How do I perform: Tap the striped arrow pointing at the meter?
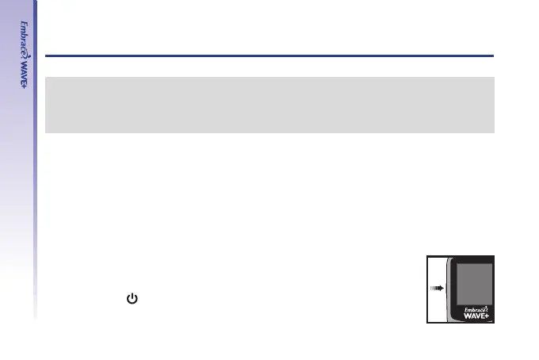436,289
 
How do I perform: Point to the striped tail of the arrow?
433,289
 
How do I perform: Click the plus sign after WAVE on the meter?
492,314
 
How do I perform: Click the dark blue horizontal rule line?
269,56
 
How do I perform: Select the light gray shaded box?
269,105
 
